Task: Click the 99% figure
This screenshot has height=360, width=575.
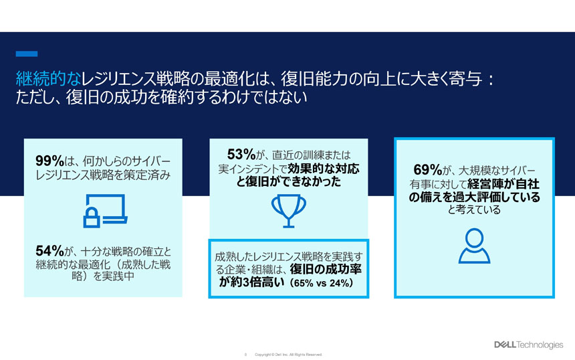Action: [50, 161]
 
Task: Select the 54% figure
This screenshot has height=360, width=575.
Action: [50, 251]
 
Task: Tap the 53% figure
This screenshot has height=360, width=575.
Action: [241, 154]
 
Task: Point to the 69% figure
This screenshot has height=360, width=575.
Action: [428, 169]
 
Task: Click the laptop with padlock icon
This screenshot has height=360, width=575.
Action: [105, 211]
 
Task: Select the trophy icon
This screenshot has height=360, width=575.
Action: [289, 211]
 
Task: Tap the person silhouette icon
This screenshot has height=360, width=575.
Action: [474, 246]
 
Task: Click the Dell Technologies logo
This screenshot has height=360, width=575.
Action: [528, 345]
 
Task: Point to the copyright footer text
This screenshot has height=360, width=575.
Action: [288, 355]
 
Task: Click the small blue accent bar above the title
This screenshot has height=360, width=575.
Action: [26, 54]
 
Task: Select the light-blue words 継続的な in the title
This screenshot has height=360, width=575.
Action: [48, 78]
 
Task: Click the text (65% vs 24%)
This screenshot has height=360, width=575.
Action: [321, 283]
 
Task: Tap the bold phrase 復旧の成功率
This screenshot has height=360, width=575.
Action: [326, 269]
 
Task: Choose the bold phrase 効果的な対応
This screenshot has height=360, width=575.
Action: [324, 169]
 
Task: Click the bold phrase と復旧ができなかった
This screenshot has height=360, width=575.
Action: [289, 181]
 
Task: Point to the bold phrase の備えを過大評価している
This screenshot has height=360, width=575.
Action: [474, 197]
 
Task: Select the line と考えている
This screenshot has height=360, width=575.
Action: [474, 209]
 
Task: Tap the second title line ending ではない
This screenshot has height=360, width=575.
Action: [161, 97]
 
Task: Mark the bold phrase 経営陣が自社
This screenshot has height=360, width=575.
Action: [503, 184]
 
